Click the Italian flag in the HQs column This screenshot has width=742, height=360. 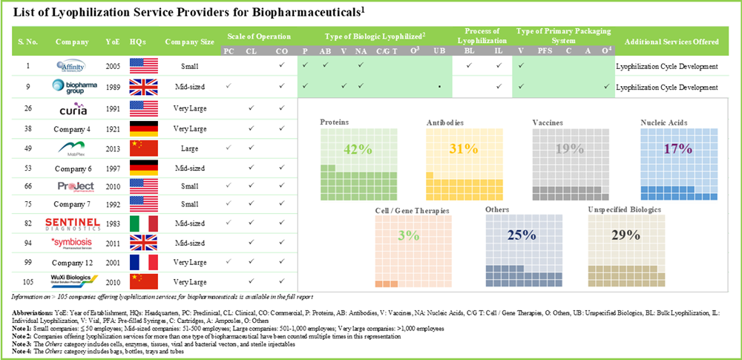(144, 223)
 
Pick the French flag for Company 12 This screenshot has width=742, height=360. (144, 262)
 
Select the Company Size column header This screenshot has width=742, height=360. (189, 42)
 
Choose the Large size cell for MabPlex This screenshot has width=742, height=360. (189, 148)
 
